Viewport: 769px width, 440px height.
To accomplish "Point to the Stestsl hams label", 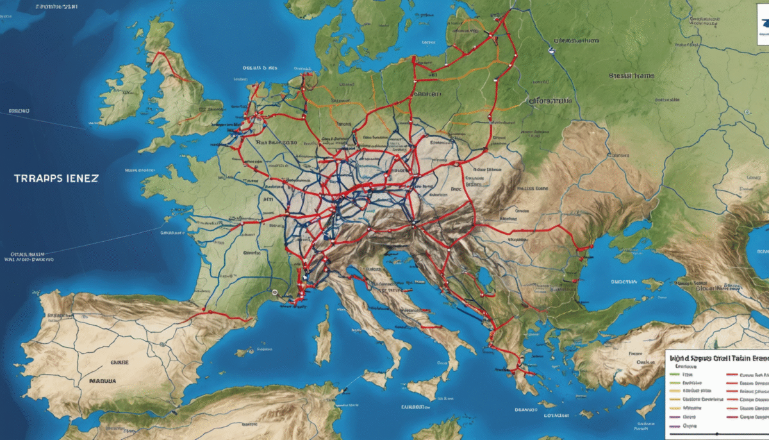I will pyautogui.click(x=632, y=76).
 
